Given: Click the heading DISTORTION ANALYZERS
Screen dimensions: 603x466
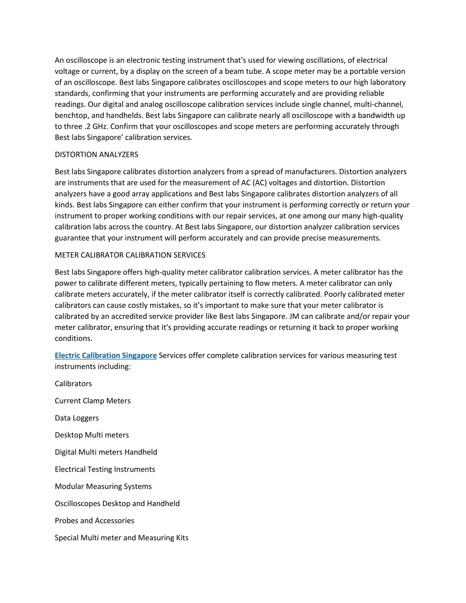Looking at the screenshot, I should (96, 155).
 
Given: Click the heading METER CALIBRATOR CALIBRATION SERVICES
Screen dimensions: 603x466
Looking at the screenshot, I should (130, 255).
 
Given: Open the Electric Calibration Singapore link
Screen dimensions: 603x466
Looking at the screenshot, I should (106, 355).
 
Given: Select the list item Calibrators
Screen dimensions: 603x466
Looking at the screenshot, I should (73, 384).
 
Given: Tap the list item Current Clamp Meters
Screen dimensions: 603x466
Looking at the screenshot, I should (93, 401).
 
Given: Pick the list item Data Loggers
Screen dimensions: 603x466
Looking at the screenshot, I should (77, 418).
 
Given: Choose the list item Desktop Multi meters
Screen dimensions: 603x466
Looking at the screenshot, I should (92, 435).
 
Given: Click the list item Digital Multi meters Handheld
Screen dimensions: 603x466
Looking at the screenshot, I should (106, 452).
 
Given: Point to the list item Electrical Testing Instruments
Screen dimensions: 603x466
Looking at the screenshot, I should (105, 469).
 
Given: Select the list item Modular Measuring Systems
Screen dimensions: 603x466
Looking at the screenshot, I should (103, 486).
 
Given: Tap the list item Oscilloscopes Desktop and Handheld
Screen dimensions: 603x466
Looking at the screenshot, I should (117, 503).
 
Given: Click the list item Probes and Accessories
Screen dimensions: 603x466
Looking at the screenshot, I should (95, 521).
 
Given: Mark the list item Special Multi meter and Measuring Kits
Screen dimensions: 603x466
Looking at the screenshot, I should (122, 537).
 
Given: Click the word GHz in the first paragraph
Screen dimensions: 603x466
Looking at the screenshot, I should (101, 127).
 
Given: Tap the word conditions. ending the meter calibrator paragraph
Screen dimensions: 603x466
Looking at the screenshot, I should (74, 338).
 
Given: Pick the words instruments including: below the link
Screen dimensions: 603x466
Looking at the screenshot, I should (93, 366).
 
